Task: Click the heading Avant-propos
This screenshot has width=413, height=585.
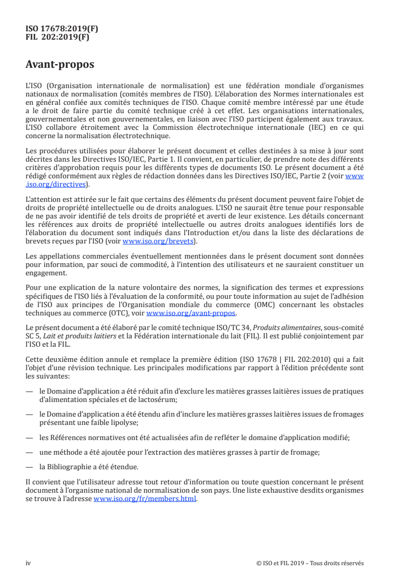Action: (x=60, y=65)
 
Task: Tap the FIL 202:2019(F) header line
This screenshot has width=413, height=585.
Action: (x=58, y=37)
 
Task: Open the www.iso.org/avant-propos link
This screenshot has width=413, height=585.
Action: (x=191, y=313)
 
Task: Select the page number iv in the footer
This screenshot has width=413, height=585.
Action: (x=29, y=563)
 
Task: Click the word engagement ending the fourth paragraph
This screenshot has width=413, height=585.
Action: (x=46, y=273)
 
